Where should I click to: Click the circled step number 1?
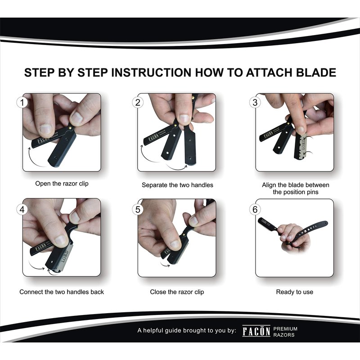[22, 103]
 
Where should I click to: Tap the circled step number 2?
[138, 103]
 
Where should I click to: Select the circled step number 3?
[255, 103]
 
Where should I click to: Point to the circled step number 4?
[22, 209]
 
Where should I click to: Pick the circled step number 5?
[138, 209]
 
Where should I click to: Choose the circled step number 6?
[255, 209]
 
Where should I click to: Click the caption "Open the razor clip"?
[62, 184]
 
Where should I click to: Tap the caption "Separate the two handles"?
[177, 185]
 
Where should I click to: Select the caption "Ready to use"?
[295, 292]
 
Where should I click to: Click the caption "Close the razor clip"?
[177, 292]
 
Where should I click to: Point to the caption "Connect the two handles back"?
[62, 292]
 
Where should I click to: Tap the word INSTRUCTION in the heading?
[151, 72]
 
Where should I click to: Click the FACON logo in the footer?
[256, 331]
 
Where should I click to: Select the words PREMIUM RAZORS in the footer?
[285, 332]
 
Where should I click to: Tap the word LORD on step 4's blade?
[65, 256]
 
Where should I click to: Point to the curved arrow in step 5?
[165, 265]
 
